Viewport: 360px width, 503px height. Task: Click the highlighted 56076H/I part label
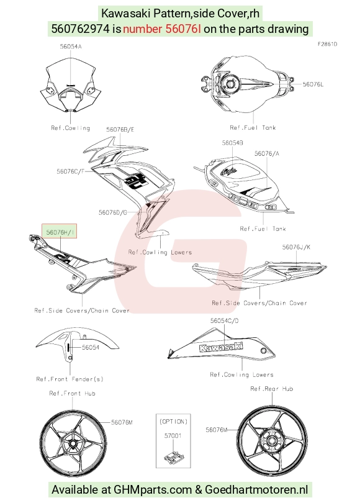tap(60, 232)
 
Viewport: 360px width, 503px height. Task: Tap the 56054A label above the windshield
tap(71, 47)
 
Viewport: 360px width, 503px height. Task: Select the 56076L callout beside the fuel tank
tap(313, 84)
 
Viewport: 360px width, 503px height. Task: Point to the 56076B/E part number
tap(120, 130)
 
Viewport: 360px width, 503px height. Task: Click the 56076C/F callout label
tap(71, 171)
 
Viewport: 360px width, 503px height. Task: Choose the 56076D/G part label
tap(113, 212)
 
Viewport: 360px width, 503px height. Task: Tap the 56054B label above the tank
tap(232, 143)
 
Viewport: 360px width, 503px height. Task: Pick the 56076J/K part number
tap(296, 247)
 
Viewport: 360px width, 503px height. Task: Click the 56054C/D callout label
tap(225, 320)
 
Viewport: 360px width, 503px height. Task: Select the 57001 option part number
tap(173, 436)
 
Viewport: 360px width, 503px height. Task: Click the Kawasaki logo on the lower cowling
tap(221, 347)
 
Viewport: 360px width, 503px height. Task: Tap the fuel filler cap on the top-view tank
tap(230, 84)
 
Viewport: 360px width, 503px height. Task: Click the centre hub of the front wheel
tap(73, 444)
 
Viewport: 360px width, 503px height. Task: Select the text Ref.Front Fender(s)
tap(70, 379)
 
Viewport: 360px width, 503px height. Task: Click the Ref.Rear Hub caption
tap(272, 389)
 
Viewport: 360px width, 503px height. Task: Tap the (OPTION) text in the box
tap(173, 421)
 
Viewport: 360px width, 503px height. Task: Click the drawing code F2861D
tap(327, 44)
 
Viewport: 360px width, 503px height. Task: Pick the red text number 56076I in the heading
tap(162, 29)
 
